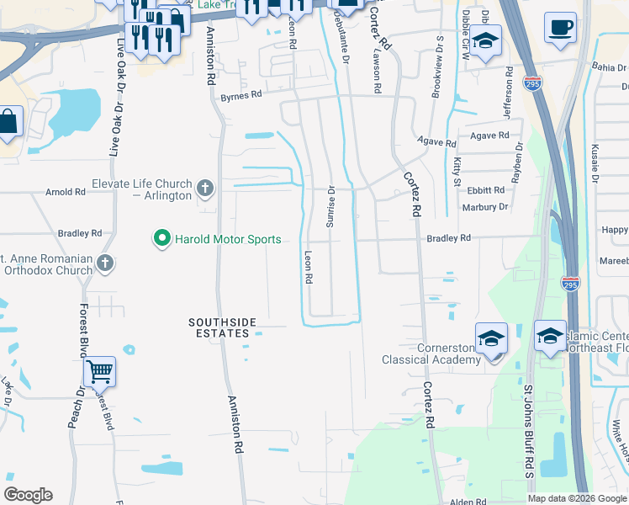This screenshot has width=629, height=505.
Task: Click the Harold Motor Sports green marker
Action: [161, 239]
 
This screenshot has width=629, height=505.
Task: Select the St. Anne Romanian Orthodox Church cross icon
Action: [105, 263]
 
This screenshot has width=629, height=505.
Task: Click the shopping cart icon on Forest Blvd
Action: [99, 369]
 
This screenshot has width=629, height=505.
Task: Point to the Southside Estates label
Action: [219, 327]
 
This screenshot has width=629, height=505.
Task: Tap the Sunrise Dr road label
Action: [330, 207]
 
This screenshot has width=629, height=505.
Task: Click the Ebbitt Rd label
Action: [487, 191]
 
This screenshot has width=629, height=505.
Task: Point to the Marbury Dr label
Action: [485, 207]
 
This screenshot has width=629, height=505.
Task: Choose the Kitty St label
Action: [457, 171]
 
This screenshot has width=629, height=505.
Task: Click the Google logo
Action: [29, 495]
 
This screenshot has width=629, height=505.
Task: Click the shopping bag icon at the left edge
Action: [8, 122]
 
